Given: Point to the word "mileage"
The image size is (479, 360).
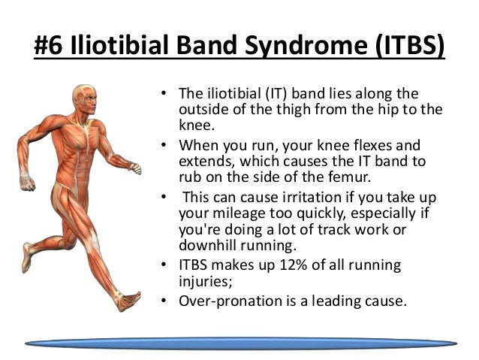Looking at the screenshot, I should tap(230, 213).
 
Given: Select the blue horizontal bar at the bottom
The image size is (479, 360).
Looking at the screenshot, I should tap(240, 342).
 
